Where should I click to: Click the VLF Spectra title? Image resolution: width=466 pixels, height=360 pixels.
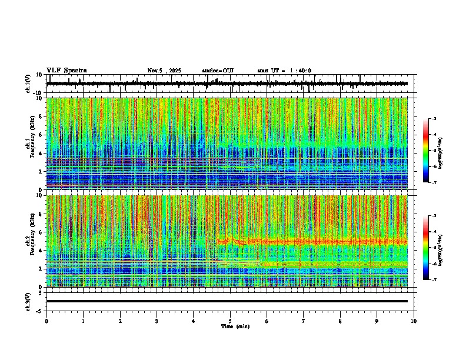[x=66, y=71]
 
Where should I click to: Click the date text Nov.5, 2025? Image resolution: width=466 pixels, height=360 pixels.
[x=164, y=71]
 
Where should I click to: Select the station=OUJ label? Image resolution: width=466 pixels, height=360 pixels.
[x=218, y=71]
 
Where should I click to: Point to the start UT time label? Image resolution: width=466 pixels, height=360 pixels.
[x=284, y=71]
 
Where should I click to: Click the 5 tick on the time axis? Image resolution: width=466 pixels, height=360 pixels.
[x=230, y=321]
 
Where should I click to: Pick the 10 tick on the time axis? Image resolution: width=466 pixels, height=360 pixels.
[x=414, y=321]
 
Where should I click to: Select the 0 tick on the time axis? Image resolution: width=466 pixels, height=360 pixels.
[x=46, y=321]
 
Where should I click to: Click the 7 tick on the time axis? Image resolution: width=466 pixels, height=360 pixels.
[x=304, y=321]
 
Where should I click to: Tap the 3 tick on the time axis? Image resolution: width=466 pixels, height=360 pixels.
[x=157, y=321]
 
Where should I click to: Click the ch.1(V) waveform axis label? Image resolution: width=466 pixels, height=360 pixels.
[x=28, y=84]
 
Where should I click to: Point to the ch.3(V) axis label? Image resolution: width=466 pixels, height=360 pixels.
[x=28, y=301]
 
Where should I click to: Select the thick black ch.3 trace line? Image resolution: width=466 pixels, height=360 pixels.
[x=227, y=301]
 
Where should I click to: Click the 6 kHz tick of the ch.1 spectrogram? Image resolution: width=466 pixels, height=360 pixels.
[x=41, y=135]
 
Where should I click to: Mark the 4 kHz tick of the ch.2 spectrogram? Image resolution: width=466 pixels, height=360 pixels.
[x=41, y=251]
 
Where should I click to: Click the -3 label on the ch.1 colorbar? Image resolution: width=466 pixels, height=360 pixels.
[x=434, y=119]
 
